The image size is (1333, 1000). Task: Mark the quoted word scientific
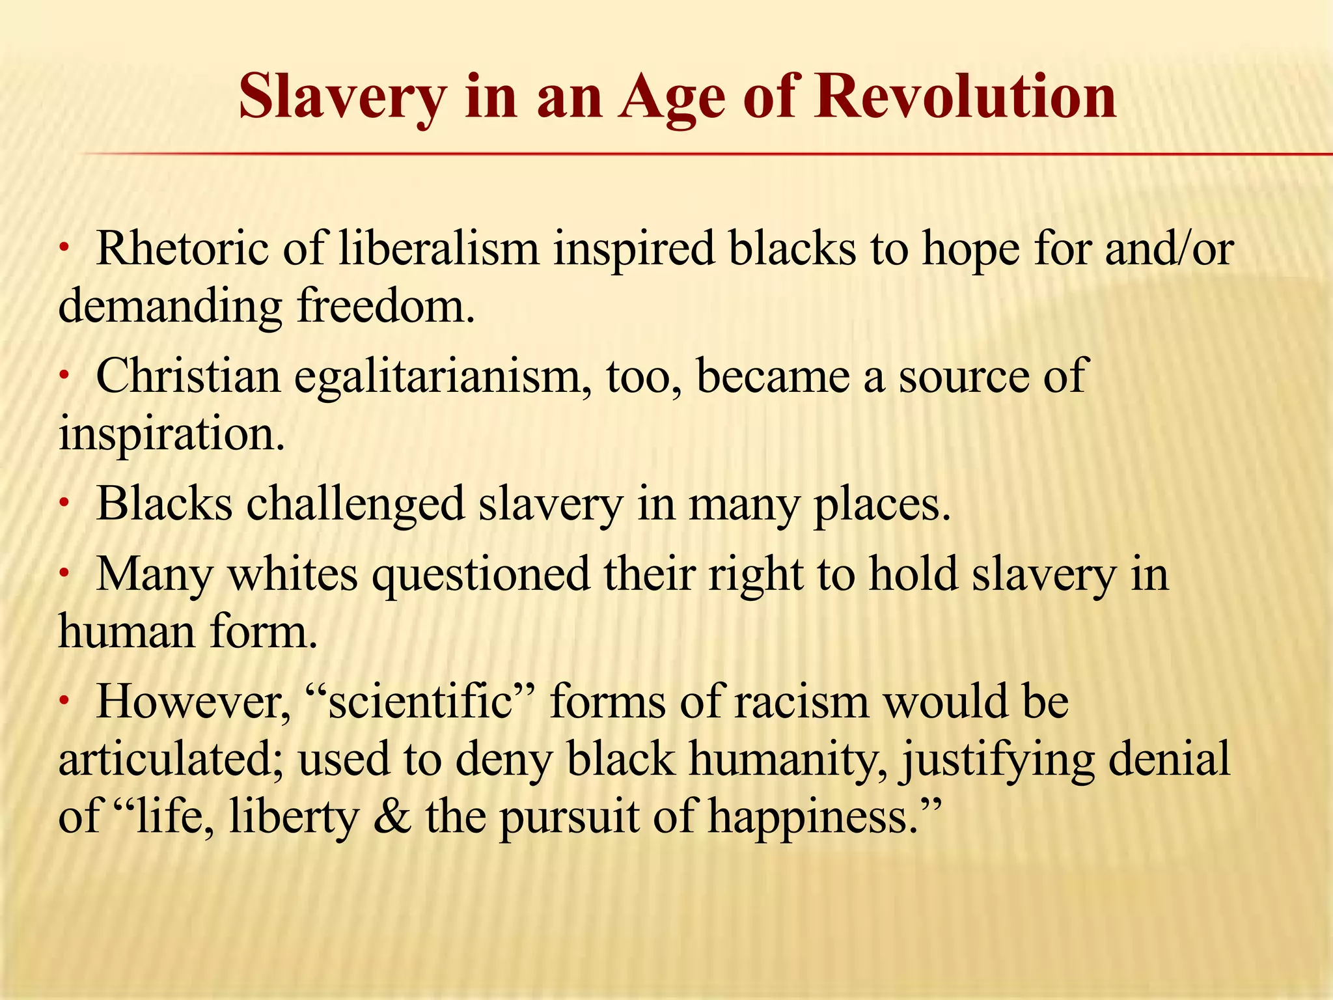click(420, 702)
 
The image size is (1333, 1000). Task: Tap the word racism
click(801, 702)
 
